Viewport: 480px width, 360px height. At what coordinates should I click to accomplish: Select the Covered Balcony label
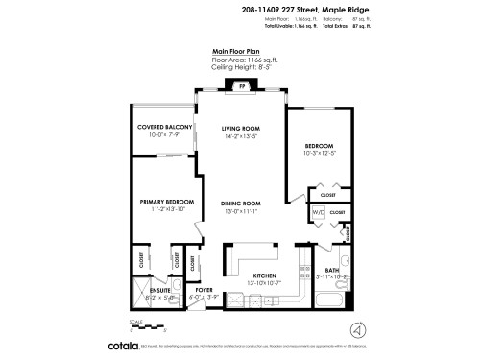(165, 127)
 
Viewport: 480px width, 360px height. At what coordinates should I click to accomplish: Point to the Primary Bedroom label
(165, 202)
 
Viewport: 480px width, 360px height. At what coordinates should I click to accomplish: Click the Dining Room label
(241, 204)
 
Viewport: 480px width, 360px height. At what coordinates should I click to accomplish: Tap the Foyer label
(204, 289)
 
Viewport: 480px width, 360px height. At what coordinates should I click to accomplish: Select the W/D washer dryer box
(318, 213)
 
